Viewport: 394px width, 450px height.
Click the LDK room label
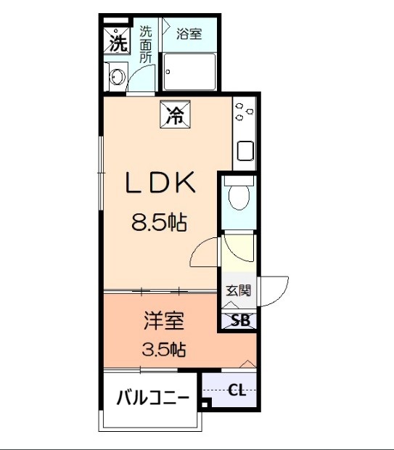pos(161,184)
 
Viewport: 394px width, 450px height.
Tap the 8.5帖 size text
pos(160,222)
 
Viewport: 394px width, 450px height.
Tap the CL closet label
pos(237,390)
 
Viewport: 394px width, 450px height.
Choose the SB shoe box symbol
pos(238,320)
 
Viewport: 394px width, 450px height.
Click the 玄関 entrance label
pos(238,290)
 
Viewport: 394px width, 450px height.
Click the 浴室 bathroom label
pos(189,33)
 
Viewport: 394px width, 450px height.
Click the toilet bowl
pos(237,197)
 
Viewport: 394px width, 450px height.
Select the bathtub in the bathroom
pos(189,71)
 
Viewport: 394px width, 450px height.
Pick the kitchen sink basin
pos(244,153)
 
